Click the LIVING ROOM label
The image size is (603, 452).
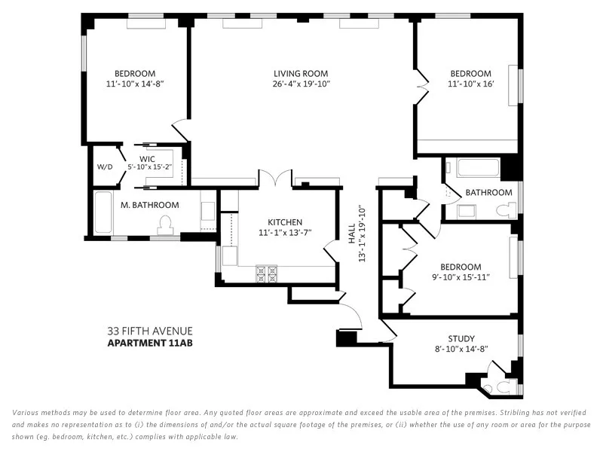pyautogui.click(x=301, y=73)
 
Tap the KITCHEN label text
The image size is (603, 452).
pyautogui.click(x=285, y=222)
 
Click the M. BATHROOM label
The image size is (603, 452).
pyautogui.click(x=150, y=205)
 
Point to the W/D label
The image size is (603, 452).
pyautogui.click(x=104, y=167)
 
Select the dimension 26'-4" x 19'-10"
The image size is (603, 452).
pyautogui.click(x=301, y=84)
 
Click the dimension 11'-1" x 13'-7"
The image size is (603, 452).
pyautogui.click(x=285, y=233)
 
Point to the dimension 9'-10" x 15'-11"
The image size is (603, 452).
pyautogui.click(x=460, y=277)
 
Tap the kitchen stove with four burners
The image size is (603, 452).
pyautogui.click(x=266, y=273)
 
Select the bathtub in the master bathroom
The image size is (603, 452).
pyautogui.click(x=103, y=215)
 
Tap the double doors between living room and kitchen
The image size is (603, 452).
pyautogui.click(x=275, y=179)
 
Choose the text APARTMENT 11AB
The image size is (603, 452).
pyautogui.click(x=150, y=344)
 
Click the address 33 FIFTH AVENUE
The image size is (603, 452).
pyautogui.click(x=150, y=331)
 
